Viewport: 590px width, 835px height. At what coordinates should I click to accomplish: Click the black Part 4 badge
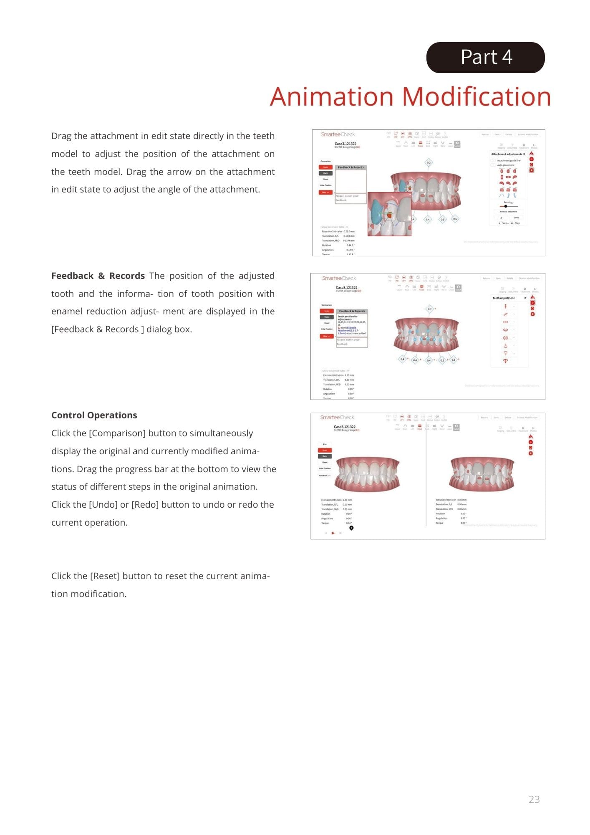(x=485, y=58)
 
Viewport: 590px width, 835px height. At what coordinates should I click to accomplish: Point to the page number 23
(x=534, y=799)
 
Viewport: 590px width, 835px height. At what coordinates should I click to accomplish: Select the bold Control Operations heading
(x=94, y=415)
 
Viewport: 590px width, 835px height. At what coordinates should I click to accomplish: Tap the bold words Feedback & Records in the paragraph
(x=98, y=276)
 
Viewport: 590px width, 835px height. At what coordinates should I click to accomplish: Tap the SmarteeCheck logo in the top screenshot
(x=338, y=134)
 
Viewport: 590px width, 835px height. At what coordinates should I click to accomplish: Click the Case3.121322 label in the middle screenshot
(x=346, y=288)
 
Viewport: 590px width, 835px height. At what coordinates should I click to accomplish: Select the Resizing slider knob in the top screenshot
(x=506, y=206)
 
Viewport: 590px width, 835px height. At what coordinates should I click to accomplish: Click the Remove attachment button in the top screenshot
(x=508, y=212)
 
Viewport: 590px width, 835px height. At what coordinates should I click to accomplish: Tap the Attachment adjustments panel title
(x=507, y=154)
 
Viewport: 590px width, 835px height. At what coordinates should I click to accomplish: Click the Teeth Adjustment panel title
(x=503, y=298)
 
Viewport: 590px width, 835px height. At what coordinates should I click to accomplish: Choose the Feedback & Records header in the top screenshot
(x=350, y=167)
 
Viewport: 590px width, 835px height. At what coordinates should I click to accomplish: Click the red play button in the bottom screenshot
(x=333, y=533)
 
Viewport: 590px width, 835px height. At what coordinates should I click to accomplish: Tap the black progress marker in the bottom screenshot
(x=351, y=528)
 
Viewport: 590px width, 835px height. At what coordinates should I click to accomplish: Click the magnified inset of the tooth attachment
(x=389, y=214)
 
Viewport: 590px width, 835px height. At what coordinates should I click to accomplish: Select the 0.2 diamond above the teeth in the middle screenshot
(x=429, y=309)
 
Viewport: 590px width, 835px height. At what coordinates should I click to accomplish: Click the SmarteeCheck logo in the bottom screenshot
(x=337, y=417)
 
